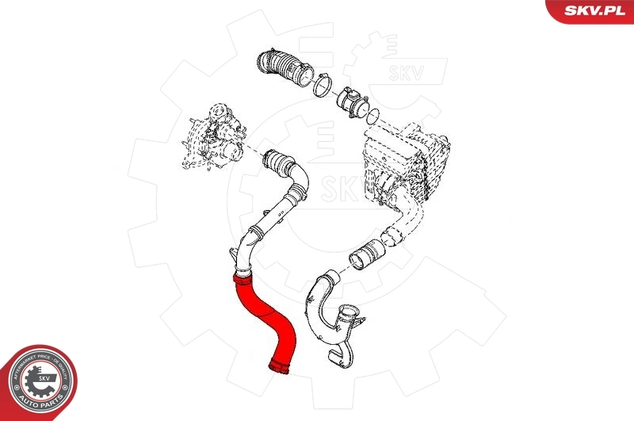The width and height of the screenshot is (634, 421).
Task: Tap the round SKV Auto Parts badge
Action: (x=37, y=383)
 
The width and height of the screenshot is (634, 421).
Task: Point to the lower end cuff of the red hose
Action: (x=280, y=365)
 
